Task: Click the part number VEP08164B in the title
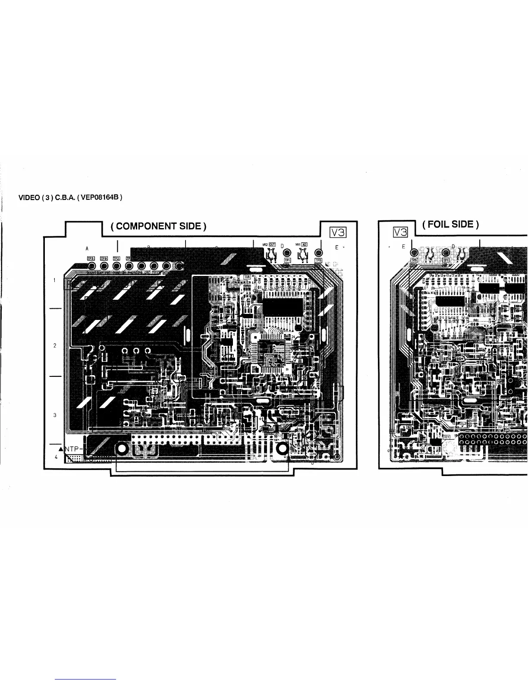pyautogui.click(x=102, y=198)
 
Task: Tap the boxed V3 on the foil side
pyautogui.click(x=400, y=232)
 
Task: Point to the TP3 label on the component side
pyautogui.click(x=91, y=258)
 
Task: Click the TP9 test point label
pyautogui.click(x=104, y=258)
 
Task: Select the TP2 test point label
pyautogui.click(x=116, y=258)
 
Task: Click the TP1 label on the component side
pyautogui.click(x=287, y=260)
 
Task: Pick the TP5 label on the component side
pyautogui.click(x=319, y=260)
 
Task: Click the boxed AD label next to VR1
pyautogui.click(x=304, y=244)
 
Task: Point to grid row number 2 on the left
pyautogui.click(x=55, y=345)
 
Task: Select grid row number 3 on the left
pyautogui.click(x=55, y=415)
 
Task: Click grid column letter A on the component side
pyautogui.click(x=87, y=248)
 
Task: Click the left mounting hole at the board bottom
pyautogui.click(x=122, y=449)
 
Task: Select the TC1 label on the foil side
pyautogui.click(x=447, y=437)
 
